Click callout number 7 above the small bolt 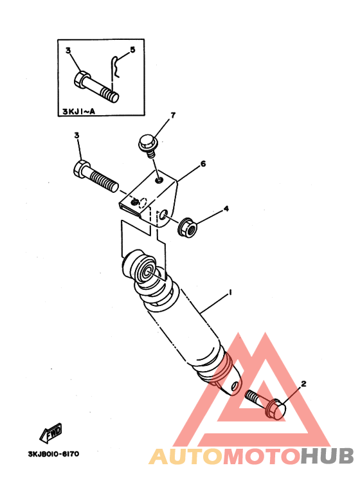click(173, 115)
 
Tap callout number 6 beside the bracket click(203, 163)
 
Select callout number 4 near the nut click(226, 208)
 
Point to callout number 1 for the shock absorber click(230, 293)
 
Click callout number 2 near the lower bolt click(303, 384)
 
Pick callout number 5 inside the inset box click(132, 50)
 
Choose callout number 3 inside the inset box click(68, 50)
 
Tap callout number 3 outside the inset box click(76, 136)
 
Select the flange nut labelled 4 click(188, 227)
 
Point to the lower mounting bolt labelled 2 click(266, 404)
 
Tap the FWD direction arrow click(51, 433)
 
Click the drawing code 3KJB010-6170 click(53, 454)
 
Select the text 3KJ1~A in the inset click(78, 111)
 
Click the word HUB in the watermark click(327, 456)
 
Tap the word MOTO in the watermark click(262, 456)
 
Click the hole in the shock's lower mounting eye click(235, 386)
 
